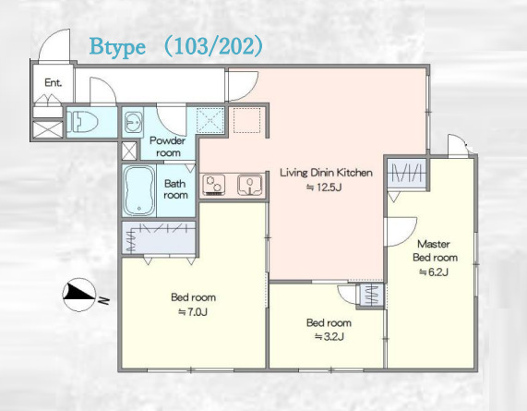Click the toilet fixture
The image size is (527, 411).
(83, 121)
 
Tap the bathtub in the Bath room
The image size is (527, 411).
(139, 190)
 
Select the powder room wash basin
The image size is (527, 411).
(133, 121)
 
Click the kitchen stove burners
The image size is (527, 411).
(214, 185)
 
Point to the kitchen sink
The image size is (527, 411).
(250, 185)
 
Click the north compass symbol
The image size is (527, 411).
(79, 295)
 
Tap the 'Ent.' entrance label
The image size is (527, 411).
(54, 82)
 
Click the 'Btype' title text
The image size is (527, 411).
(117, 48)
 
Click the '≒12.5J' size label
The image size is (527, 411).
(324, 187)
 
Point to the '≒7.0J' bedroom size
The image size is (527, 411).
(193, 312)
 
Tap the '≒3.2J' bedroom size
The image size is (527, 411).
(329, 336)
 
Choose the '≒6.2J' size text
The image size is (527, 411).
(434, 272)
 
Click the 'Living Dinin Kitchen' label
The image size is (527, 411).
(327, 173)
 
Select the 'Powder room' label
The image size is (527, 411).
(167, 147)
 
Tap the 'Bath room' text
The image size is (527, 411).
(175, 189)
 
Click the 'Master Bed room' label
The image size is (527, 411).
(435, 251)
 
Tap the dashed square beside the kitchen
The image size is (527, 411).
(247, 120)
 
